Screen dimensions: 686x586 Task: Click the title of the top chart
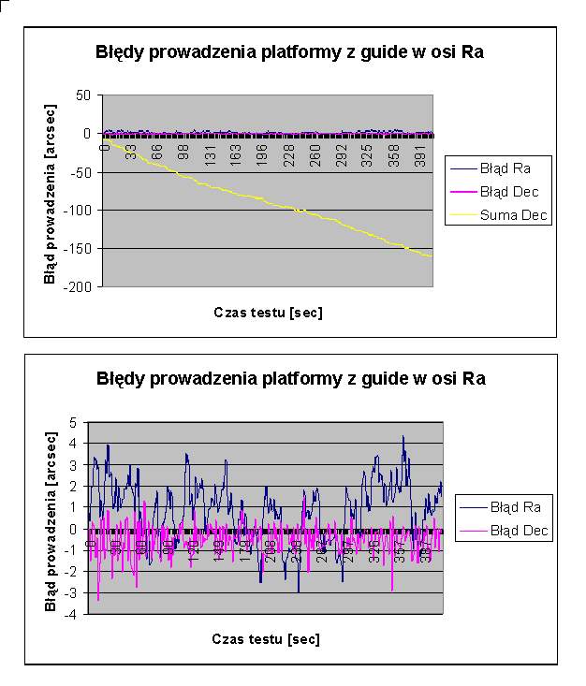[289, 52]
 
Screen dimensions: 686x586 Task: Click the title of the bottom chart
[291, 379]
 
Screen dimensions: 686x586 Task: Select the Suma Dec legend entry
[514, 216]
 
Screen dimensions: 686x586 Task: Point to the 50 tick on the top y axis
[82, 95]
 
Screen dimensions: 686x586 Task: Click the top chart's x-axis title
[267, 313]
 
